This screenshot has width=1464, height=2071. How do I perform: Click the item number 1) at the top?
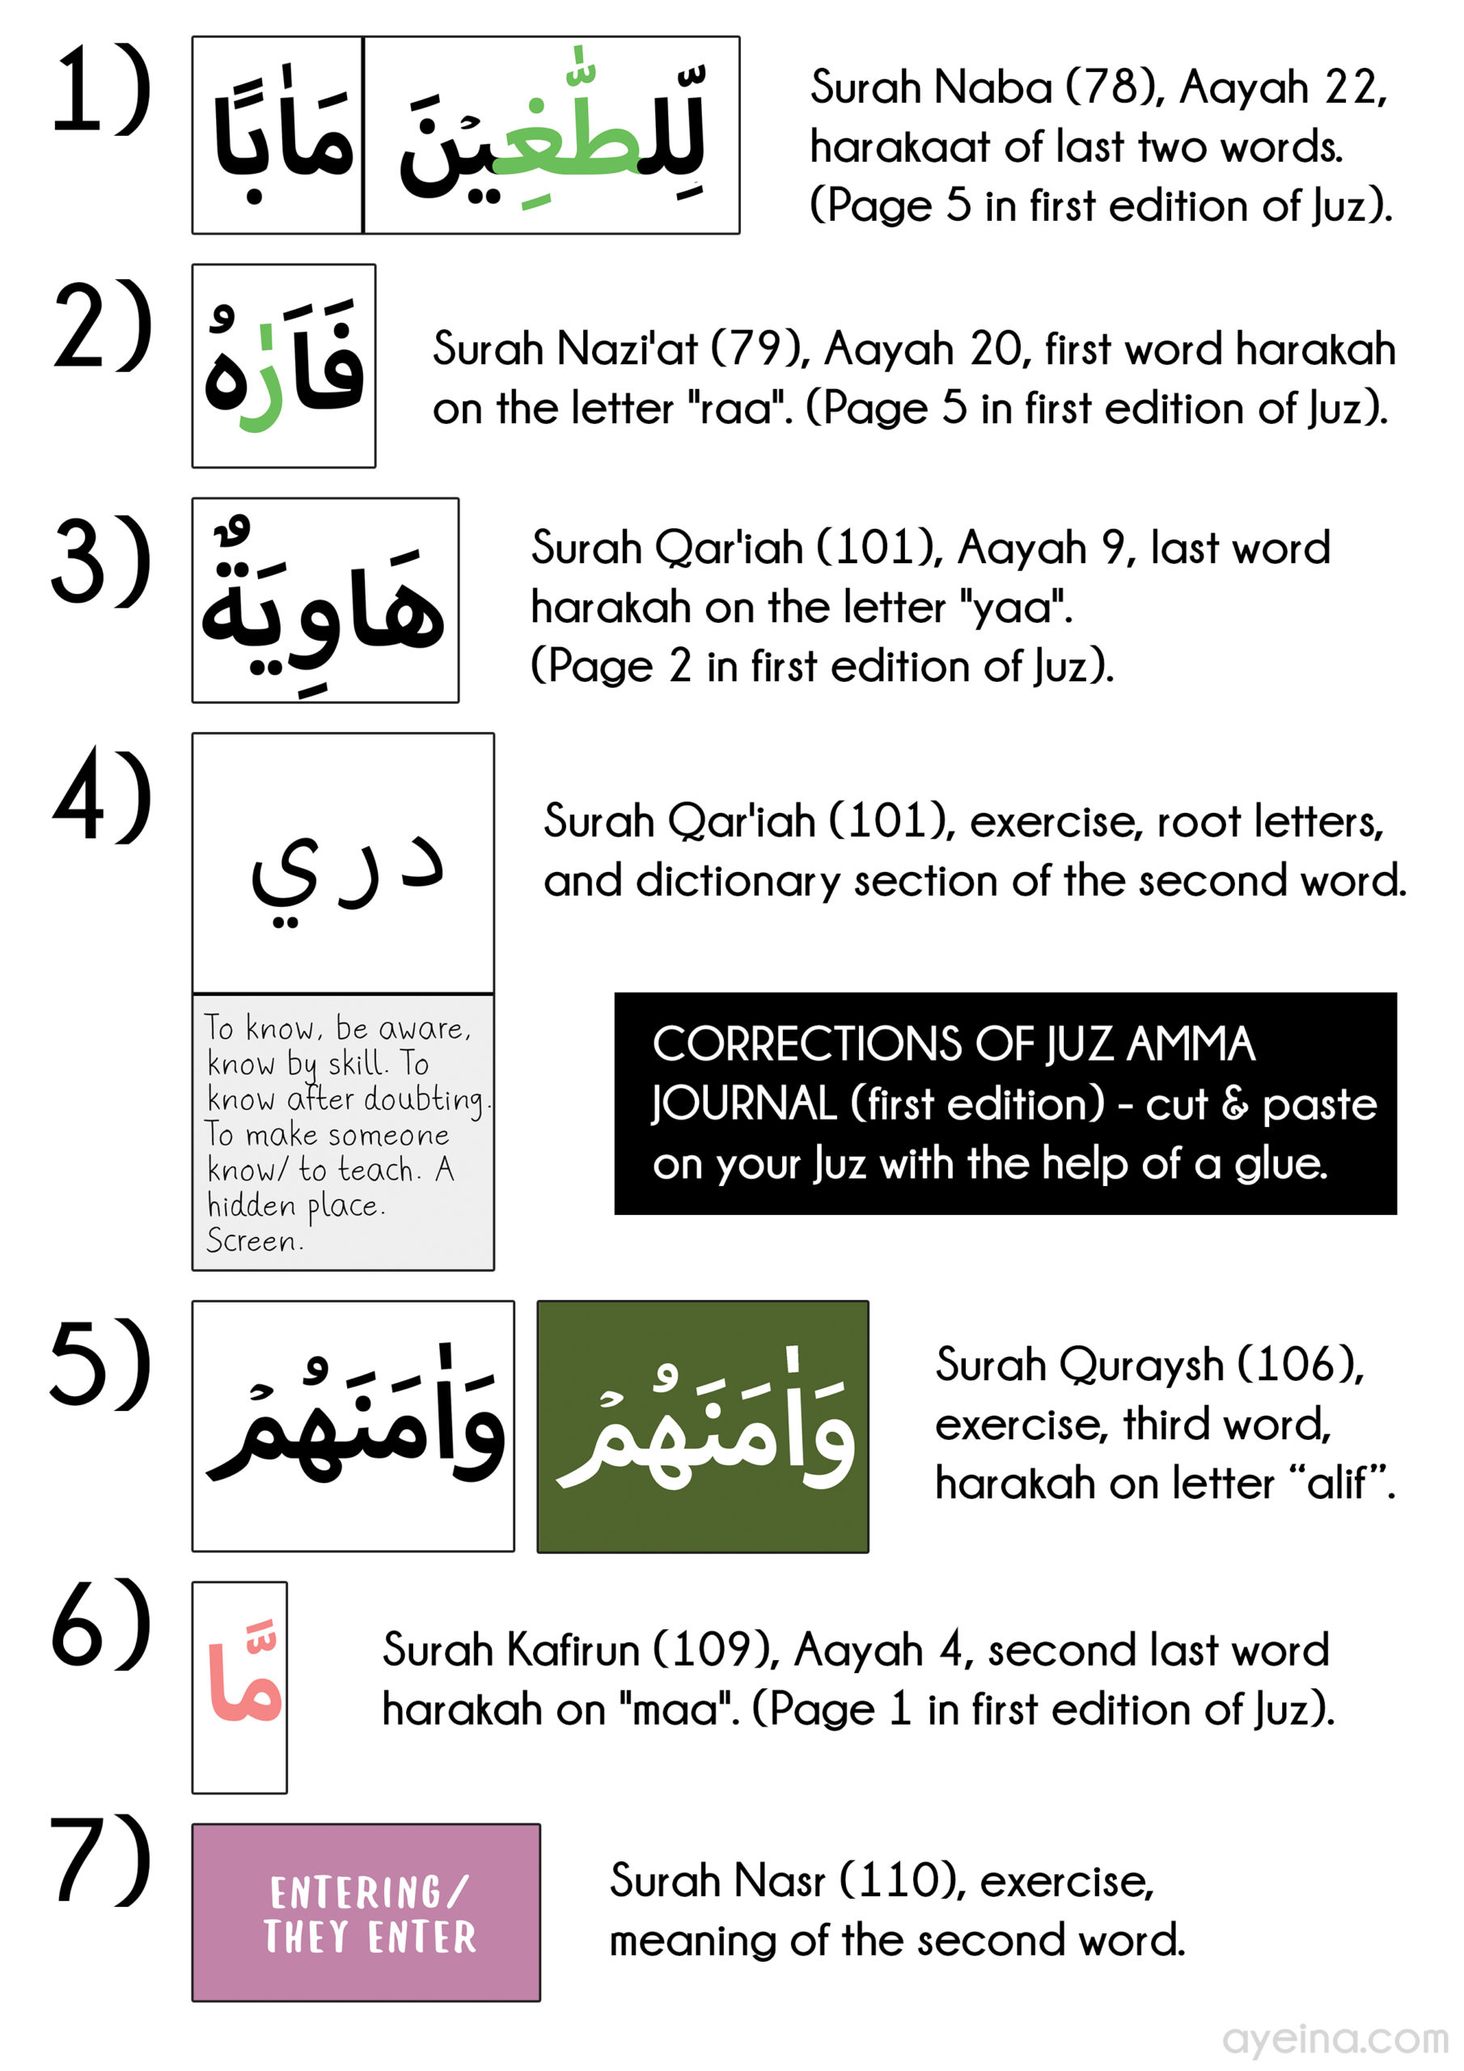coord(101,90)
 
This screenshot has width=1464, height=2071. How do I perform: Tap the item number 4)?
coord(101,798)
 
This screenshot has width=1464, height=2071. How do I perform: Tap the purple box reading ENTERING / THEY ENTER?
coord(366,1913)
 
